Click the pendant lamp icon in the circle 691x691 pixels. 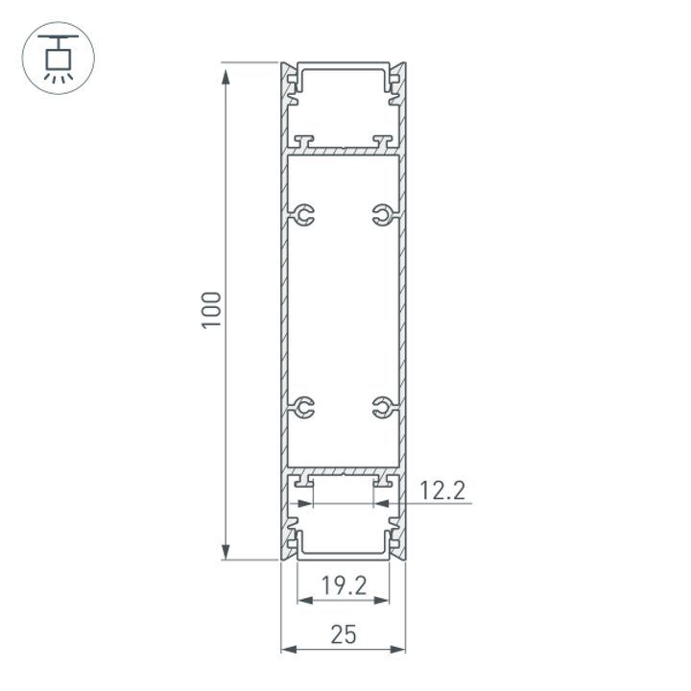point(58,57)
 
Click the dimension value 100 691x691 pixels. point(212,309)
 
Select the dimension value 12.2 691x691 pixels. point(442,491)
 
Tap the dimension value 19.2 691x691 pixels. point(344,585)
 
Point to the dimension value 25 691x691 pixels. point(343,633)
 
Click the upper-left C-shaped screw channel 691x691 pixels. point(303,216)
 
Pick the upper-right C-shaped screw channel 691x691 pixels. point(383,216)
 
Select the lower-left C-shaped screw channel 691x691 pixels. point(303,408)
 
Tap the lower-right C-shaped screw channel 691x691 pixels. point(383,408)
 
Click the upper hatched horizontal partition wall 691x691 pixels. point(343,151)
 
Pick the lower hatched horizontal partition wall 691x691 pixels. point(343,472)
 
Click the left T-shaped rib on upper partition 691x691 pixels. point(304,142)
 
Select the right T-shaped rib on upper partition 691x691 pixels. point(384,142)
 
